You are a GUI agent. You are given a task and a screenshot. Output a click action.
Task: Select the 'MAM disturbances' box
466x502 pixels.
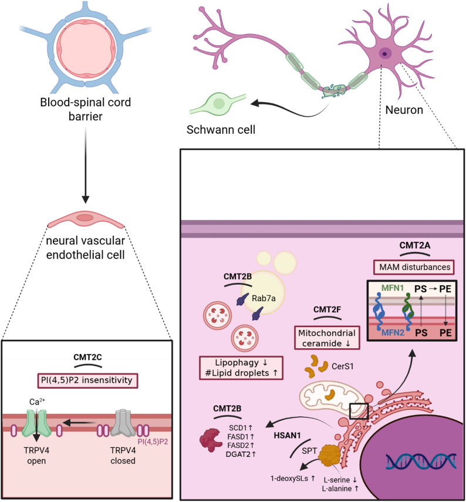(x=414, y=267)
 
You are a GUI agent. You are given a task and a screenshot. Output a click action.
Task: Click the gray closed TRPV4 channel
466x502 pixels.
(x=123, y=423)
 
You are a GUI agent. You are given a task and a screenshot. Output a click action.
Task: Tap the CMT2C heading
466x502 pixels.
(x=87, y=357)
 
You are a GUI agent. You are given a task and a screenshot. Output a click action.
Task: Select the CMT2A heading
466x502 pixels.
(x=415, y=245)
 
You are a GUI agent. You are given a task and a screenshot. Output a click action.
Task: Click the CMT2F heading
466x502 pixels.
(x=327, y=309)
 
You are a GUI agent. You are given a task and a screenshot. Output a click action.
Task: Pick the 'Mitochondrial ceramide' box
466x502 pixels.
(x=327, y=338)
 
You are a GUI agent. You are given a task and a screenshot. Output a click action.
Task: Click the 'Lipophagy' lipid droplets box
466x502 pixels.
(x=241, y=368)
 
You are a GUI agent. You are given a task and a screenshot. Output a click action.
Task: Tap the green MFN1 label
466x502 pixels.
(x=393, y=288)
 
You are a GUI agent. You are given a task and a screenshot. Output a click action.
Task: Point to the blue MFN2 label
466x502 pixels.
(x=393, y=333)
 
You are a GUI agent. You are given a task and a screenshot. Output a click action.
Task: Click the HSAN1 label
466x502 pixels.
(x=287, y=436)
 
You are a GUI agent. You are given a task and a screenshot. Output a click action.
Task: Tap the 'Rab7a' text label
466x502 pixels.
(x=264, y=298)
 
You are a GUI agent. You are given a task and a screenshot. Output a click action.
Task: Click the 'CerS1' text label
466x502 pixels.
(x=343, y=366)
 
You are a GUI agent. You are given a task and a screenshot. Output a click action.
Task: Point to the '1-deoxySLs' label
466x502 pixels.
(x=293, y=479)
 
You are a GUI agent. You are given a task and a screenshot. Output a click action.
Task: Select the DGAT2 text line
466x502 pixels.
(x=241, y=454)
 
